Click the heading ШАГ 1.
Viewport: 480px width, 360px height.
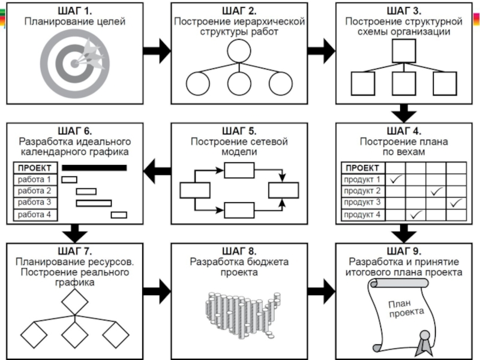click(x=74, y=11)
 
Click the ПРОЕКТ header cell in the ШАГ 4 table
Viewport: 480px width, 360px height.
click(x=362, y=167)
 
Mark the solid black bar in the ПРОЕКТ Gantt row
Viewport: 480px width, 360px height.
click(x=94, y=168)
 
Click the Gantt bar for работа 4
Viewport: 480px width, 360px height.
click(x=119, y=215)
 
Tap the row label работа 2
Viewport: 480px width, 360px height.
click(x=34, y=191)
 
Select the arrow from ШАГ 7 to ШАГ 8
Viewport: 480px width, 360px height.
click(x=157, y=290)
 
